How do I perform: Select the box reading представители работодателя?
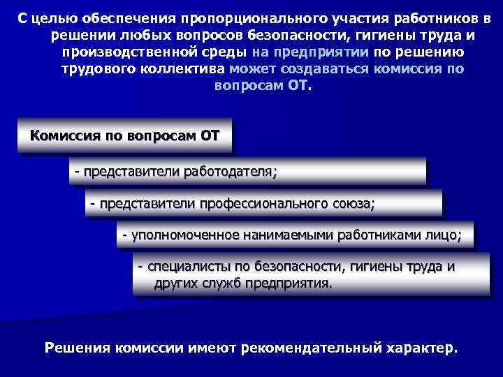tap(247, 171)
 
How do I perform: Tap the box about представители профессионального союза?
tap(263, 204)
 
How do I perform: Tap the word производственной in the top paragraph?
tap(124, 53)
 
